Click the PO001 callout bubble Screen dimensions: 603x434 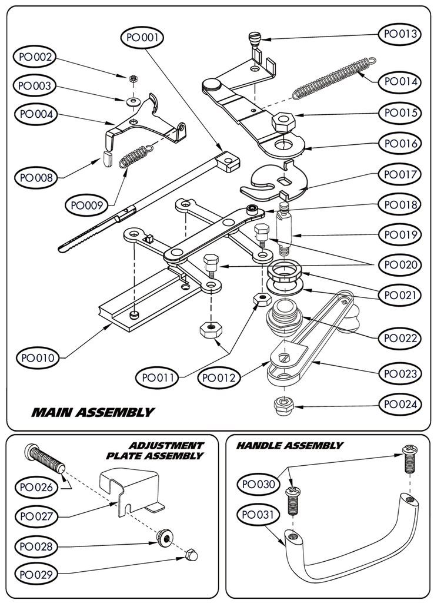(x=142, y=37)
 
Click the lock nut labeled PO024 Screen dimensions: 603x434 (x=281, y=405)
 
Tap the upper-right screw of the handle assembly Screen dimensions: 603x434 (x=409, y=459)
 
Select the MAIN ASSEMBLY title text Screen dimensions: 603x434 (x=93, y=412)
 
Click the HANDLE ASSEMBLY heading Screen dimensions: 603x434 (x=289, y=446)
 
